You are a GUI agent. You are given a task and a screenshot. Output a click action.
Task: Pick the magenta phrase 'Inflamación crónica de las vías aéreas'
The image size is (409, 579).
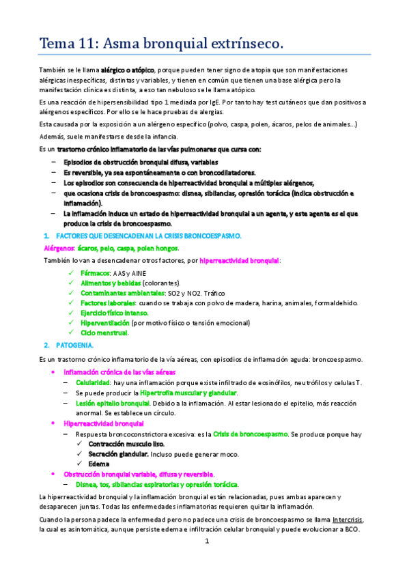click(x=119, y=372)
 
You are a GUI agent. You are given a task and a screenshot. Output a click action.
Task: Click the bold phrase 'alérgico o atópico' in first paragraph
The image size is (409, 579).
click(x=128, y=70)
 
